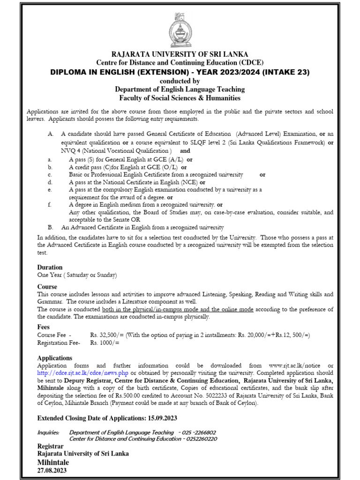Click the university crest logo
pos(180,27)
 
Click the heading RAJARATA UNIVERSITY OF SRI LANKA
pos(180,54)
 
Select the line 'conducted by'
pos(180,81)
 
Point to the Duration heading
pos(50,267)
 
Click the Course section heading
pos(47,286)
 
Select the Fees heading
pos(44,327)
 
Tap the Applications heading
pos(55,358)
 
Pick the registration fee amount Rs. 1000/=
pos(105,343)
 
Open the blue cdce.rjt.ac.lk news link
pos(76,373)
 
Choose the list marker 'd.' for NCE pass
pos(49,182)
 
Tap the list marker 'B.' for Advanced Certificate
pos(50,227)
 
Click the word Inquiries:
pos(48,432)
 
